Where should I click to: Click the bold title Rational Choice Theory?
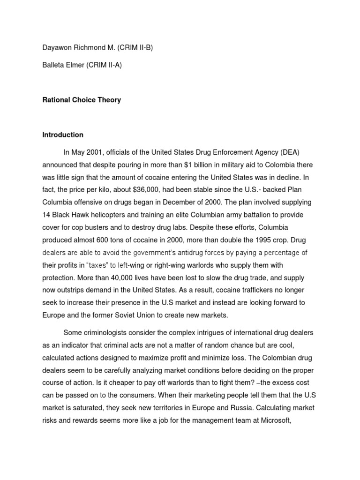(82, 100)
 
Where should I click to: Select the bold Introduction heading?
(63, 135)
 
